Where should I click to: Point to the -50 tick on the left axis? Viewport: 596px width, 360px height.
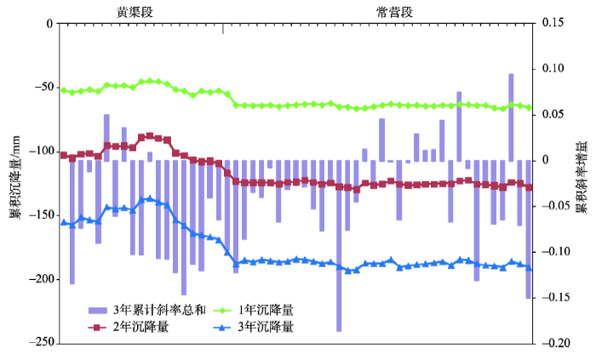(x=41, y=88)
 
